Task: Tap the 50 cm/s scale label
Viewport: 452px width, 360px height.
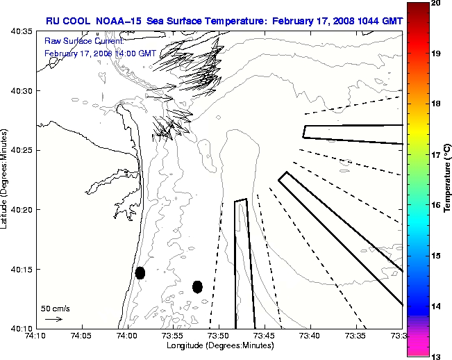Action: (x=53, y=308)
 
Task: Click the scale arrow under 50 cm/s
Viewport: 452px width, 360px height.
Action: (x=53, y=319)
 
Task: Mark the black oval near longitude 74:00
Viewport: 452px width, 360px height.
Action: (x=140, y=272)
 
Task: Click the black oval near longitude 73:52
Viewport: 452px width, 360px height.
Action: (x=197, y=286)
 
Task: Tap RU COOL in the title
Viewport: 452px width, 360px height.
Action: (x=65, y=22)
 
